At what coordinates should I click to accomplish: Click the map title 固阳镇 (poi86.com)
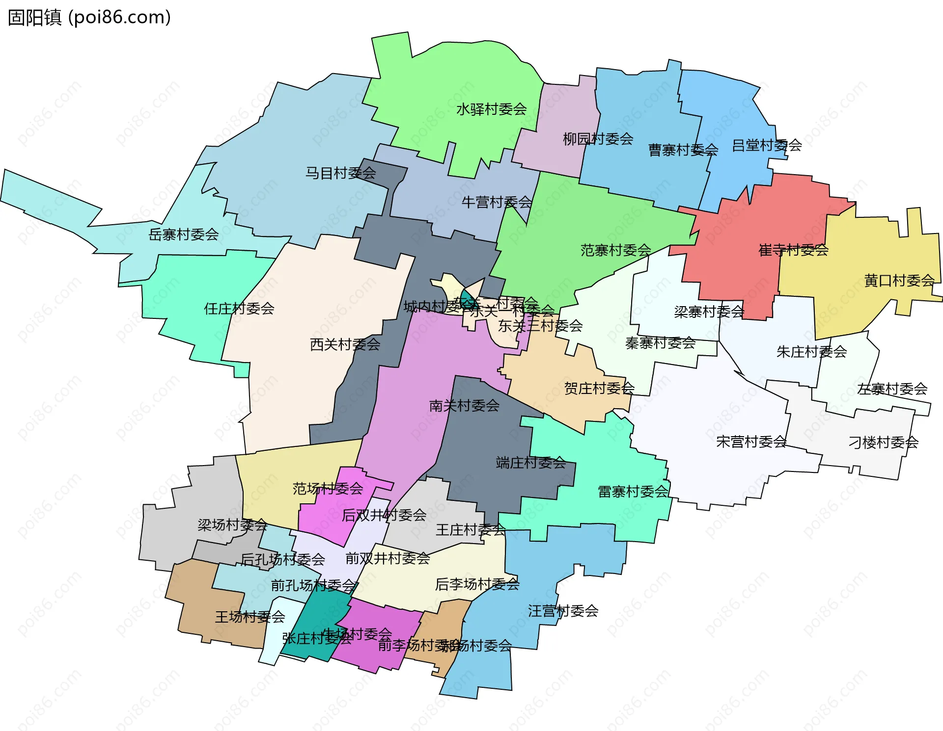(89, 18)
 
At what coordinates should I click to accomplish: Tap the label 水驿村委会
(491, 109)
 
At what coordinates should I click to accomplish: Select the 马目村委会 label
(340, 173)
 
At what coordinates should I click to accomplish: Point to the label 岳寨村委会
(183, 235)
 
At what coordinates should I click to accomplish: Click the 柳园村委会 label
(598, 139)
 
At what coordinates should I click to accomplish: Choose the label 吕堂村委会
(767, 145)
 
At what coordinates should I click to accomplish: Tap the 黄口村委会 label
(899, 281)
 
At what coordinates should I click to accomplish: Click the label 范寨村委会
(615, 250)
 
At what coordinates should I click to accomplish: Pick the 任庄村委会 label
(239, 309)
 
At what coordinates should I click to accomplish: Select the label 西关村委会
(345, 344)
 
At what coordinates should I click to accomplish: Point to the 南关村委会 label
(464, 406)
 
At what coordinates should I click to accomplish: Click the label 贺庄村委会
(599, 389)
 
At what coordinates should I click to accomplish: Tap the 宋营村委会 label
(751, 442)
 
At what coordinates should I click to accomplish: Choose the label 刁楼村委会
(883, 443)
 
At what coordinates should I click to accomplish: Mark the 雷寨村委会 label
(633, 492)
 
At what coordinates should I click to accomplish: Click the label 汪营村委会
(563, 611)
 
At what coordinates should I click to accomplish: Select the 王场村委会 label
(250, 617)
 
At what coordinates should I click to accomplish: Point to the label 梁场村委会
(232, 525)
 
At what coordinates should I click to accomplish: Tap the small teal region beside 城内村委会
(465, 296)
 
